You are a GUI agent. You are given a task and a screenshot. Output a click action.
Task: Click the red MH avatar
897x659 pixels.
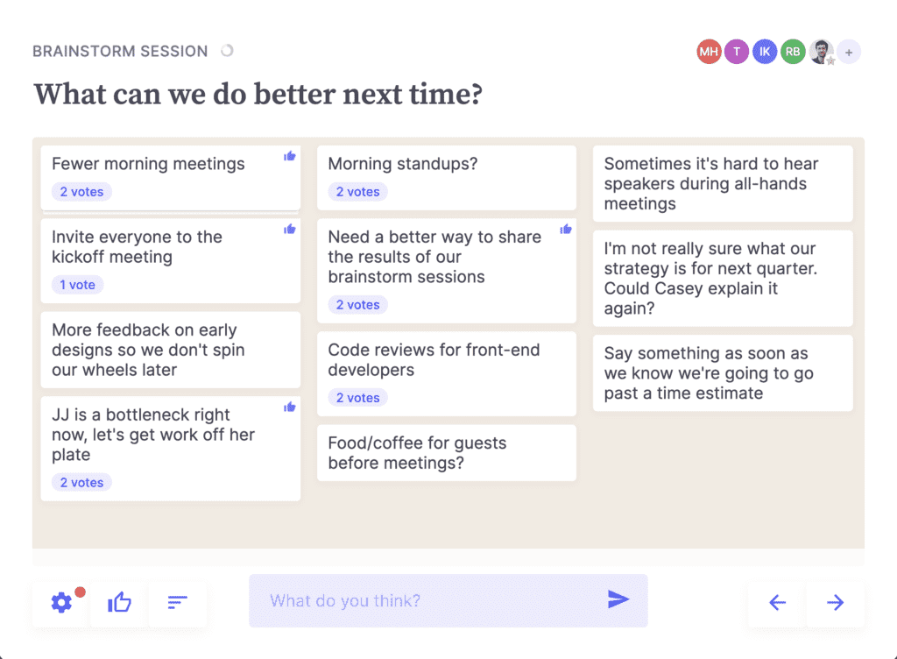(x=708, y=52)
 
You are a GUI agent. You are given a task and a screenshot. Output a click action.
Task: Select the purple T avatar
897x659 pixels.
(x=736, y=52)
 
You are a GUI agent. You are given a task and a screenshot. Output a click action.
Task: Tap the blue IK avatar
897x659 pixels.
(x=764, y=52)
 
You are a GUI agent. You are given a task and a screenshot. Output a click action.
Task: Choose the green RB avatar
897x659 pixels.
(x=792, y=52)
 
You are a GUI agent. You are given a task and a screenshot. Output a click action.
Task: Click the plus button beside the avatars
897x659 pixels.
(x=849, y=52)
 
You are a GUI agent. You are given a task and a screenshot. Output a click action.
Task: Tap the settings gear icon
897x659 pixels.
(x=62, y=602)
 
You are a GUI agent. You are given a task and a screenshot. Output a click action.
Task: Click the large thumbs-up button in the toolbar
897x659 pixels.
(x=119, y=602)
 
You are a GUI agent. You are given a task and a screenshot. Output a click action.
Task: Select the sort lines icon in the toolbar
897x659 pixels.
(x=177, y=602)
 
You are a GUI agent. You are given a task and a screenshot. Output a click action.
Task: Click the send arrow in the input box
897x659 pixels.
(x=618, y=599)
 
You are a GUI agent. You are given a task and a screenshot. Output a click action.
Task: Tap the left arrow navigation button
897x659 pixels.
(x=777, y=602)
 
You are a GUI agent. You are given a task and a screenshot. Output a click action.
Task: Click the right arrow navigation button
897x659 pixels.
(x=835, y=602)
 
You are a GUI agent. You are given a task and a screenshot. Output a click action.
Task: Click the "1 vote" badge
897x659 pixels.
(x=78, y=285)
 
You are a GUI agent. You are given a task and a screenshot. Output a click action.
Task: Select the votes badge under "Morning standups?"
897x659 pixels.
(x=358, y=192)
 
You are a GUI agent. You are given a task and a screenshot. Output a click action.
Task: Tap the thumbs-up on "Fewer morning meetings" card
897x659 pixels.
(x=289, y=156)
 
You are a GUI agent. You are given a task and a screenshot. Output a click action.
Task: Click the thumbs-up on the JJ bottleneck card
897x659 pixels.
(x=289, y=407)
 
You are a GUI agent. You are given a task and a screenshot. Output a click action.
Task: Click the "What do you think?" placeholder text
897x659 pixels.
(x=345, y=600)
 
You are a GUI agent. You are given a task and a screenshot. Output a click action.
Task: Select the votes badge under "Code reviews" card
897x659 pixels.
(x=358, y=398)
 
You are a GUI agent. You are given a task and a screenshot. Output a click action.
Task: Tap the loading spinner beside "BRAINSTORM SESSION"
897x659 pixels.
(x=227, y=51)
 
